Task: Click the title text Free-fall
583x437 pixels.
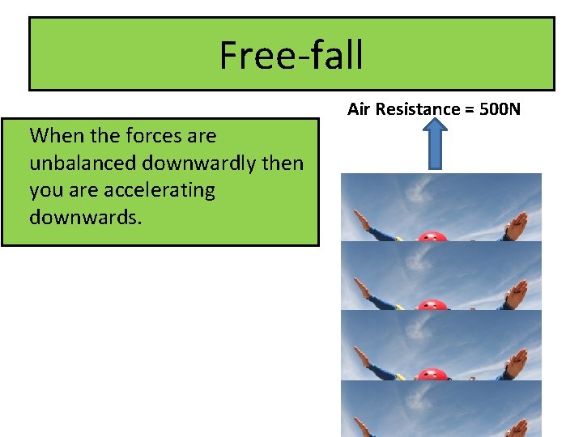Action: pos(291,55)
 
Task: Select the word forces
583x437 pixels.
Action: pos(152,135)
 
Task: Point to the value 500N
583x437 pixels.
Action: pos(500,108)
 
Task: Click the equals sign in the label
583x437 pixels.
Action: pos(465,108)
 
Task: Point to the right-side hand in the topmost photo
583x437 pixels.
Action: pos(516,224)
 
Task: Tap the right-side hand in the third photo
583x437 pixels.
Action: pos(516,362)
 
